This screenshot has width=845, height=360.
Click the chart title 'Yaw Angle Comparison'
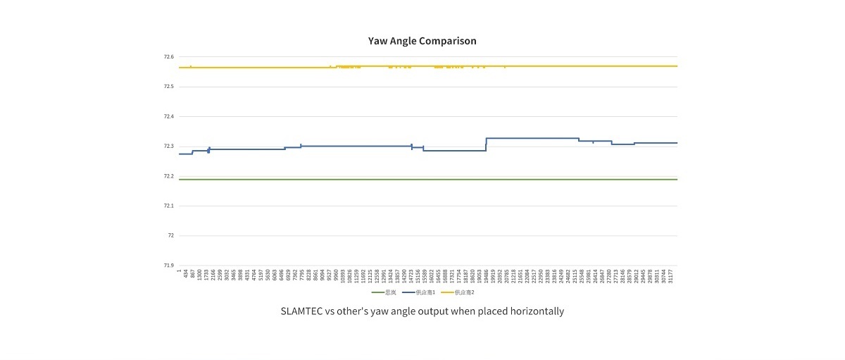point(422,41)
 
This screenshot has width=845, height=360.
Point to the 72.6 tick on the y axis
point(169,57)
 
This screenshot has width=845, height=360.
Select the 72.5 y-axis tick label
point(169,87)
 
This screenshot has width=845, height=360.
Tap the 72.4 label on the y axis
point(169,116)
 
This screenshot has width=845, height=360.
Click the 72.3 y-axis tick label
point(169,147)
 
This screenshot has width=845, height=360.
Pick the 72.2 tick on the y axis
point(169,176)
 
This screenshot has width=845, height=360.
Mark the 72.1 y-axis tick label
point(169,206)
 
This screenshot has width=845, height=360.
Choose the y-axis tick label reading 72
point(171,235)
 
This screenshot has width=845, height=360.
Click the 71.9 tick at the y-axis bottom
point(169,266)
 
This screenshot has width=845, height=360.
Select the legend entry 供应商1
point(424,292)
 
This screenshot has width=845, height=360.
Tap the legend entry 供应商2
point(464,292)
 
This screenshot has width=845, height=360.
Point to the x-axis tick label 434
point(186,273)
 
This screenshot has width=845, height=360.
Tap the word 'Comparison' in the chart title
point(448,41)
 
